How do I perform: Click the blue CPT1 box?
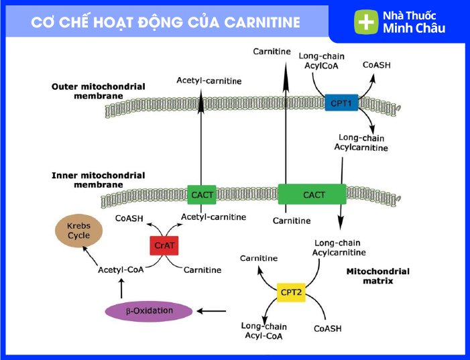click(341, 103)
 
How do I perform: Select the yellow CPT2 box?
click(291, 292)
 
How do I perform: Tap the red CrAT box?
click(164, 245)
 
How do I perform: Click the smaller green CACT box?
click(202, 195)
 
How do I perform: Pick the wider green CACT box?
click(312, 194)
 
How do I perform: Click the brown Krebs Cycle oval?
click(79, 231)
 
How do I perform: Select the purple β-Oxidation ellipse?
click(149, 311)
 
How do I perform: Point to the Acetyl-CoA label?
click(121, 269)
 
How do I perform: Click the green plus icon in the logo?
click(366, 22)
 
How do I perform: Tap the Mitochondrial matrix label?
click(377, 276)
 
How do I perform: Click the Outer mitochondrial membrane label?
click(99, 91)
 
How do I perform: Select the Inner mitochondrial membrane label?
click(99, 180)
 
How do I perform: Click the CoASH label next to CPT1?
click(377, 65)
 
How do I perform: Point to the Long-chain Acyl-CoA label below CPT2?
click(263, 331)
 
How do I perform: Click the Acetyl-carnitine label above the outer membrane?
click(209, 80)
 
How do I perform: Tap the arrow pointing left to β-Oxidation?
click(211, 311)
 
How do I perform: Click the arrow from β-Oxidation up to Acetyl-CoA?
click(121, 288)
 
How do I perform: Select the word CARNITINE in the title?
click(262, 23)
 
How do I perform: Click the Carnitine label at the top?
click(272, 52)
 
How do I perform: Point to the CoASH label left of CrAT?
click(129, 219)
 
